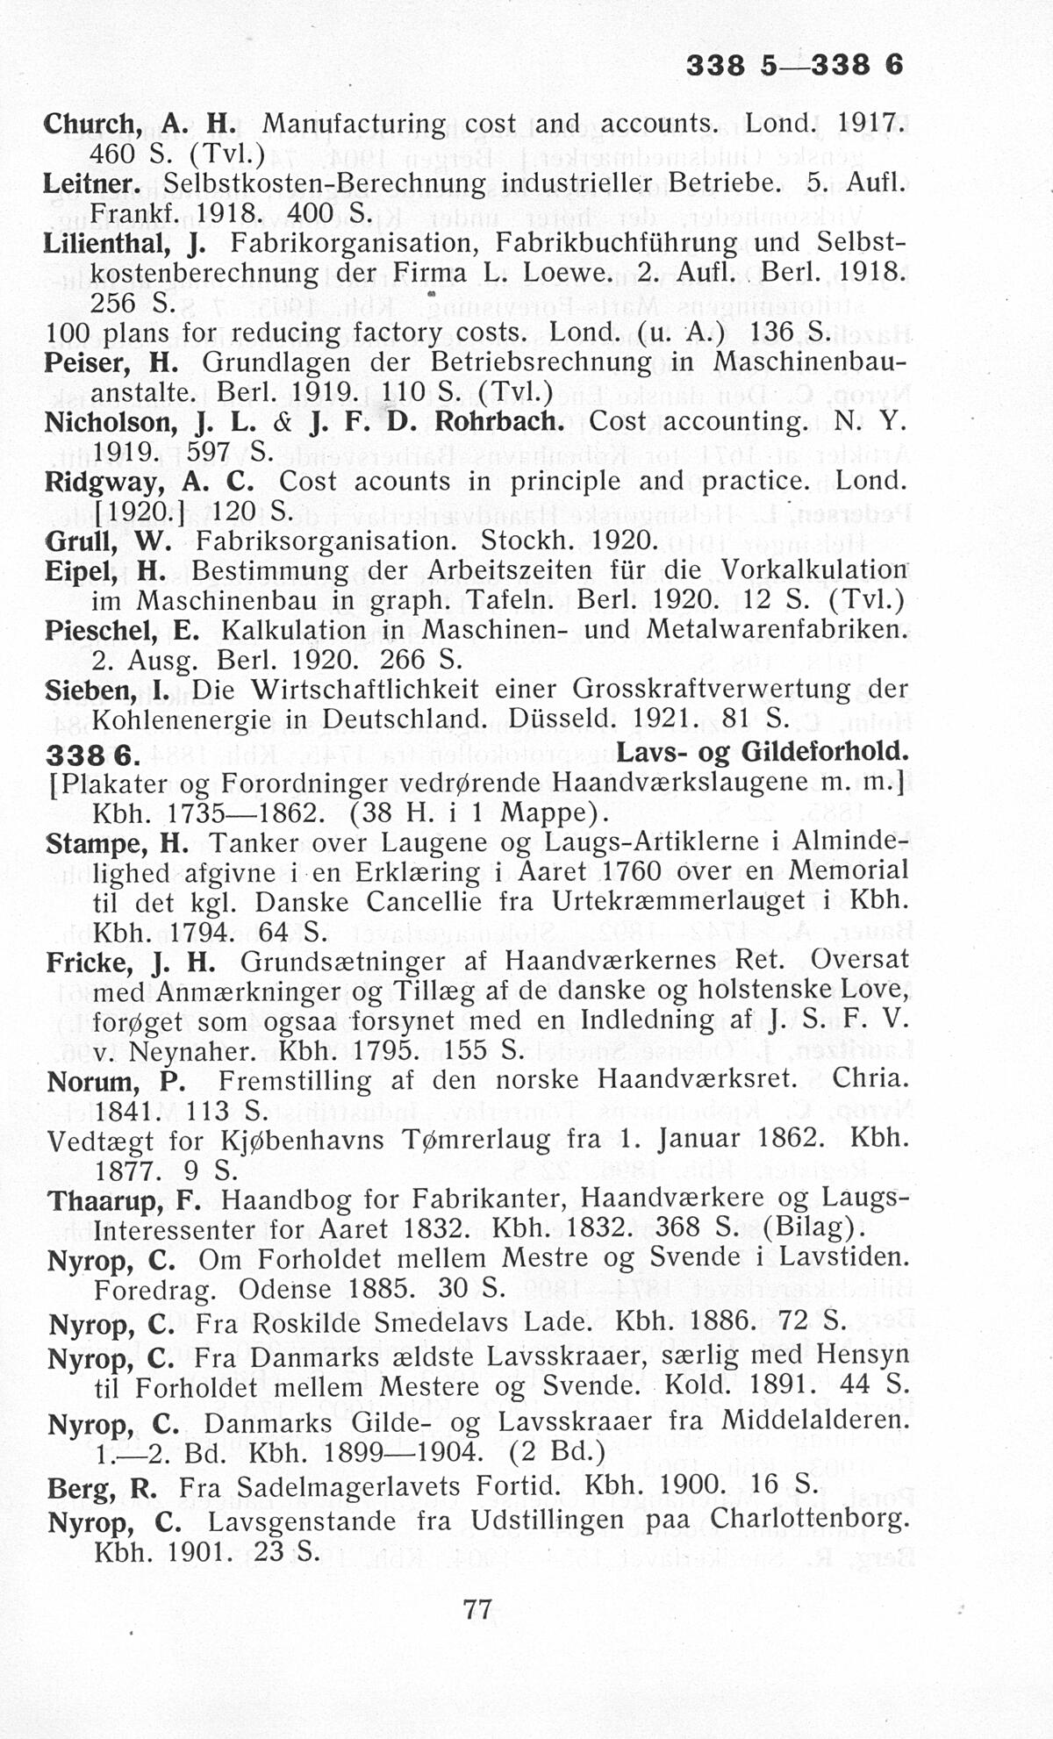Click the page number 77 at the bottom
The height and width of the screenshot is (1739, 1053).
476,1608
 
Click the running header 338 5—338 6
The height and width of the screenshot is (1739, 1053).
794,65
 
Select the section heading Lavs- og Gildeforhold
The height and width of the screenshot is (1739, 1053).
762,752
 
